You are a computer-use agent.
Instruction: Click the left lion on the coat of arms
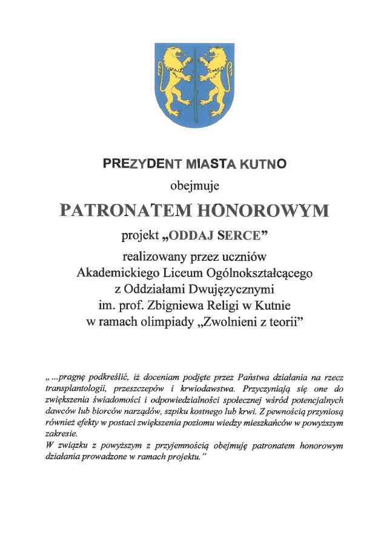(171, 76)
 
